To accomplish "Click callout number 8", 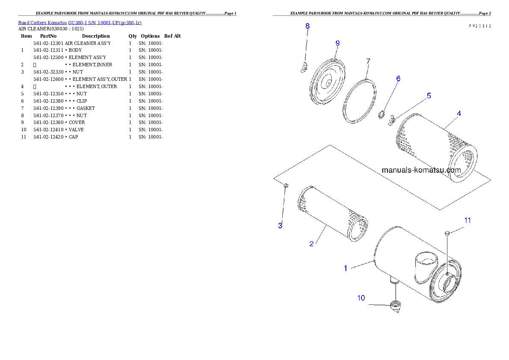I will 308,26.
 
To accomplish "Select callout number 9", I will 337,43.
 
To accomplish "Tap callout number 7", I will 368,61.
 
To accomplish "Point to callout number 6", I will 398,79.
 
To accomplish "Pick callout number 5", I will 429,96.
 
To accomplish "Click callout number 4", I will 459,114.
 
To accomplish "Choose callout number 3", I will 280,226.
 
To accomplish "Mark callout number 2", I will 311,244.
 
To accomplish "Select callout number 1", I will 346,269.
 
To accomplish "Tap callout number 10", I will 361,298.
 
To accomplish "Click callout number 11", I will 468,220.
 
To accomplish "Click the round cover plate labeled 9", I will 328,83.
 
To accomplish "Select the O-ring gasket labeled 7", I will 360,101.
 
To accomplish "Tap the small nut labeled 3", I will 286,185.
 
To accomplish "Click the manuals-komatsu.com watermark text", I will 421,170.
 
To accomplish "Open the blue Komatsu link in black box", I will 80,23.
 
